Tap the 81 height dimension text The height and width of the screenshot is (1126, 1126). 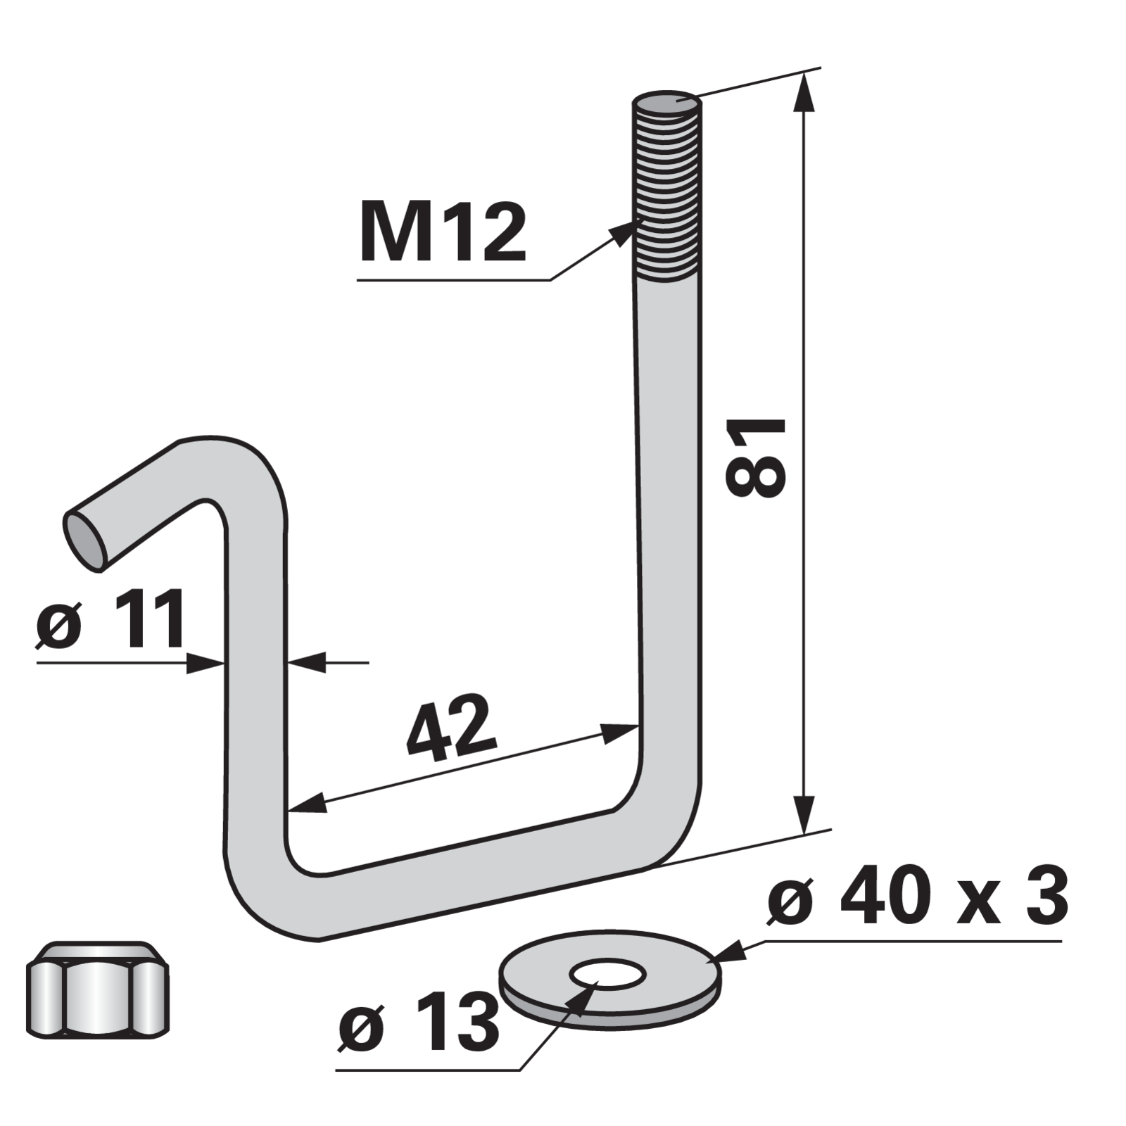click(x=755, y=457)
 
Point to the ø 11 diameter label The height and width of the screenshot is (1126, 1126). click(x=111, y=619)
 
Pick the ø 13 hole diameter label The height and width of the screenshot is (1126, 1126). click(x=418, y=1023)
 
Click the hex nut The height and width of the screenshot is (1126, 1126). click(x=98, y=989)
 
